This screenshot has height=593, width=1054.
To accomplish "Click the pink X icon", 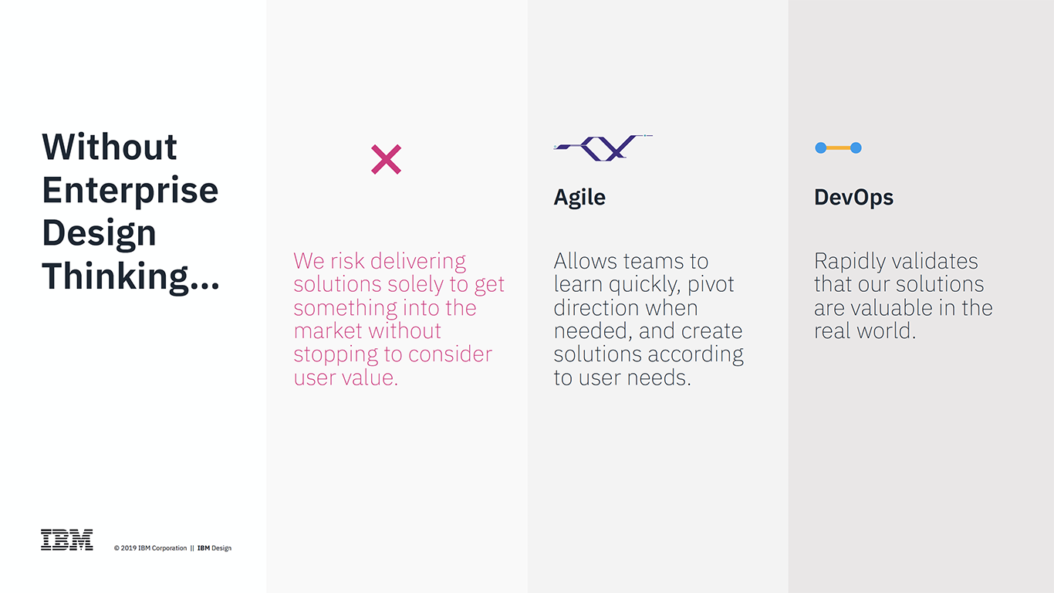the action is [386, 160].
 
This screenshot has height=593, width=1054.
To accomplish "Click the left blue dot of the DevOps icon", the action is [821, 148].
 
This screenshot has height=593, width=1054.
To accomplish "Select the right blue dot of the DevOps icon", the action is [856, 148].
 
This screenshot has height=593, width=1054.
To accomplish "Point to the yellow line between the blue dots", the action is [839, 148].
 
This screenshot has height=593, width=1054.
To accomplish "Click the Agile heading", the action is [579, 198].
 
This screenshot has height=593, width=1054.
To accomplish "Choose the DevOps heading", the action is [853, 198].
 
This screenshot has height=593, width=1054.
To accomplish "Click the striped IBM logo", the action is [67, 540].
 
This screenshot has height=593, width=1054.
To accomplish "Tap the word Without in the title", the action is [109, 147].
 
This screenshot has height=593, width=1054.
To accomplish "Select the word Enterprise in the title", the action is [130, 191].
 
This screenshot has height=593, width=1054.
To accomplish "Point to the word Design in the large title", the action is [99, 233].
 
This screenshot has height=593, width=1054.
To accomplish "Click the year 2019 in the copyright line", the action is [128, 548].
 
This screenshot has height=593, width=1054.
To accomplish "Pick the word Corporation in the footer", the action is [169, 548].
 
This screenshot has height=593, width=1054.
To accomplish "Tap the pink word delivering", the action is [418, 262].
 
